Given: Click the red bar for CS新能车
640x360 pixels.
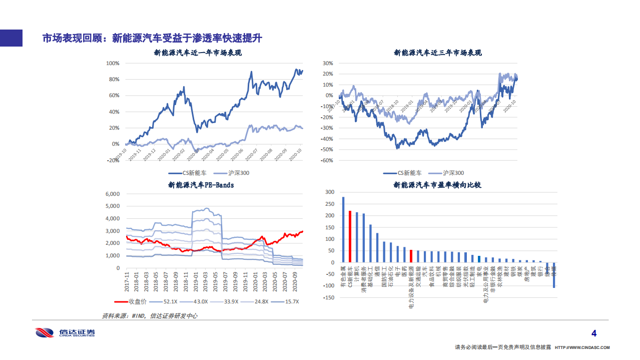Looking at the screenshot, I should tap(350, 236).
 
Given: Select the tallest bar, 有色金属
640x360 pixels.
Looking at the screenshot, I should tap(343, 229).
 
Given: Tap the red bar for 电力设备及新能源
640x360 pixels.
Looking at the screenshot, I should tap(411, 256).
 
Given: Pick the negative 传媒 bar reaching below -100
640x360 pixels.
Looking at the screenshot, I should tap(554, 275).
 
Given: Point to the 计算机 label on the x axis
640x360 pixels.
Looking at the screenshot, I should tap(357, 273).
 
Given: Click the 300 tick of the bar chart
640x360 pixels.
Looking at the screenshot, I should tap(329, 192).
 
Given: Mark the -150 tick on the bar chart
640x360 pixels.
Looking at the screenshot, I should tap(328, 298).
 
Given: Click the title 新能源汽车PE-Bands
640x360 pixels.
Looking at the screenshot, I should tap(201, 185).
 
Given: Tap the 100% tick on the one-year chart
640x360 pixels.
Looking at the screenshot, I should tap(112, 64).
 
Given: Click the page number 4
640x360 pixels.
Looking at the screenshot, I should tap(594, 333).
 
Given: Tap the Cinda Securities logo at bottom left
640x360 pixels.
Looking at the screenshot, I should tap(65, 333).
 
